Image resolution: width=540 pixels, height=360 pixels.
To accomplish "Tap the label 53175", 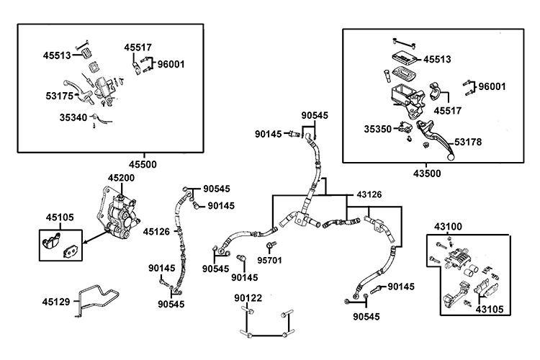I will (59, 95).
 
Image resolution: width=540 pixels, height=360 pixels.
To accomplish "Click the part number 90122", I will (248, 297).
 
